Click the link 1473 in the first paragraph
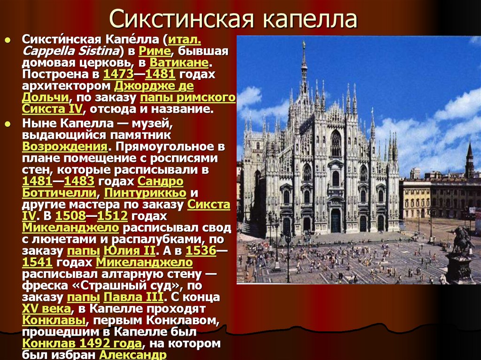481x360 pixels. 115,74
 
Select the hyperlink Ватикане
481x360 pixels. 179,62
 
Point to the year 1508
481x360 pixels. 70,216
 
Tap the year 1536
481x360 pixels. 201,251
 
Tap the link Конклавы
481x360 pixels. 54,321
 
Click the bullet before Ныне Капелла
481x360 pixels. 8,123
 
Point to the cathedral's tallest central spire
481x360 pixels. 304,66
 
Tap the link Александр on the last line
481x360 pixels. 133,355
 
